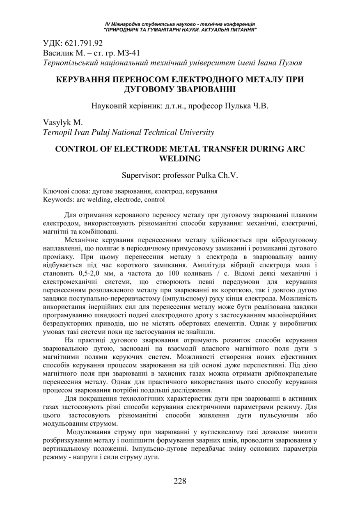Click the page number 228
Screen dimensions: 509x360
click(180, 481)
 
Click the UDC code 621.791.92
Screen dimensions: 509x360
click(83, 43)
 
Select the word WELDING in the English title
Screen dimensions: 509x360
click(180, 158)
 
